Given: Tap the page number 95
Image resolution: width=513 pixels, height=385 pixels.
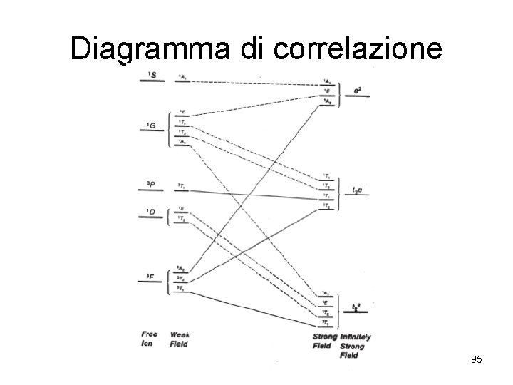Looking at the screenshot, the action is [x=477, y=360].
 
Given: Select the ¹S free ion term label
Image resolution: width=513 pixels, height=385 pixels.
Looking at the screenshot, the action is [x=152, y=76].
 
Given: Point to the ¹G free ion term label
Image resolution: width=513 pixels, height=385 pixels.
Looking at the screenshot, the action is [x=152, y=126].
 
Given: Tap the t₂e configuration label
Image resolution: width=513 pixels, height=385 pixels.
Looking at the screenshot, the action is [x=358, y=190].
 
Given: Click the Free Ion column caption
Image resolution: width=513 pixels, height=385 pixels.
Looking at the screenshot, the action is [x=150, y=339].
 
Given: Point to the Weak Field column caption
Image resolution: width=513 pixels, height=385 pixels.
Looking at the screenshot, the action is [x=179, y=339].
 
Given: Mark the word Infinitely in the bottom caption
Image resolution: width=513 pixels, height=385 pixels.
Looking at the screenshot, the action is [x=356, y=337].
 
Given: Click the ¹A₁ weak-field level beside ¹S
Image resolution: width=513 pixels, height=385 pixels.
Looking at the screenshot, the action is [x=183, y=76].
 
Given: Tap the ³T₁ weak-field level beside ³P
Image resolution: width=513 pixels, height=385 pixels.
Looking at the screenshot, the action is [x=182, y=186].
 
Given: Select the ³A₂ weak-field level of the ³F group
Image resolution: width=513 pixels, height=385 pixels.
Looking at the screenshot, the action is [x=182, y=268].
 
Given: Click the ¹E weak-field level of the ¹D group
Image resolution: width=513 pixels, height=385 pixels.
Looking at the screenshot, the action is [x=182, y=208].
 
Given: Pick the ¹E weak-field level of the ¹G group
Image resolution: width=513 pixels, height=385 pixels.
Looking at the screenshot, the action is [x=183, y=112].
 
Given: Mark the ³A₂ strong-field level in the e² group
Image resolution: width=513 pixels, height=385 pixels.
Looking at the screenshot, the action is [x=326, y=102].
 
